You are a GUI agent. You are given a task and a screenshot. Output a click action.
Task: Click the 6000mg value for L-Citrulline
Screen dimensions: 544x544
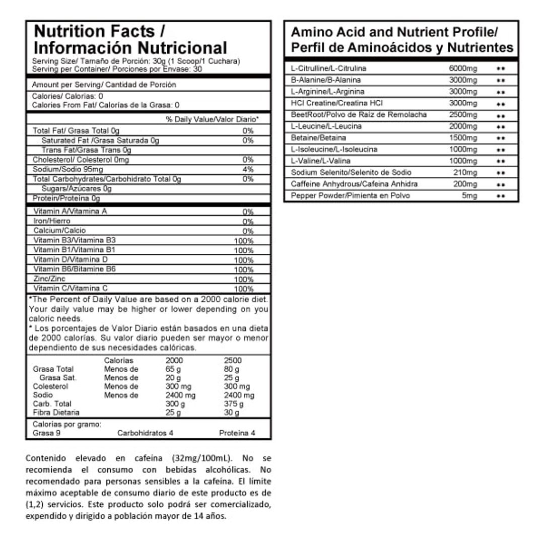click(x=462, y=69)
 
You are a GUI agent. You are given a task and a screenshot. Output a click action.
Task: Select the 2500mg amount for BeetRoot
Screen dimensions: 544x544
click(x=462, y=115)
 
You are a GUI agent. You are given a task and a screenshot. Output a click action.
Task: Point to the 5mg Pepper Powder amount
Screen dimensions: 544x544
click(x=469, y=195)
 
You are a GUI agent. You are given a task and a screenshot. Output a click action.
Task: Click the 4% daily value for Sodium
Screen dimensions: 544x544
click(x=248, y=169)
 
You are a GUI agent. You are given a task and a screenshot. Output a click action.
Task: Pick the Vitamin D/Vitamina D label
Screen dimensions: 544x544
click(x=71, y=259)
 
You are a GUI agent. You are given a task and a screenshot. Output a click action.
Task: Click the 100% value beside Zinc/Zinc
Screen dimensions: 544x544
click(x=244, y=279)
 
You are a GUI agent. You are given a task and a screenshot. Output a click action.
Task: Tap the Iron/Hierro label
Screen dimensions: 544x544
click(x=52, y=221)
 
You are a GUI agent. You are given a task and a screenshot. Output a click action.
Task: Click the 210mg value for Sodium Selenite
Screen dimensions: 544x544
click(x=465, y=173)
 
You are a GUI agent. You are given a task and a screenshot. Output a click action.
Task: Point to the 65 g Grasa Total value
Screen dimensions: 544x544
click(x=173, y=369)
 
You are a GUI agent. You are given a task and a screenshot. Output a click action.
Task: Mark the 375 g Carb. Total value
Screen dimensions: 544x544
click(x=233, y=404)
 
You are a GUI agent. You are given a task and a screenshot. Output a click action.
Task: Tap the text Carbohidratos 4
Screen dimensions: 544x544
click(x=145, y=433)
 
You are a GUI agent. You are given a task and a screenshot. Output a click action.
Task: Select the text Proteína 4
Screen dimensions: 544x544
click(x=237, y=433)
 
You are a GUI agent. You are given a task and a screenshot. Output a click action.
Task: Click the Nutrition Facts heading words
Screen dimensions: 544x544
click(x=94, y=31)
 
